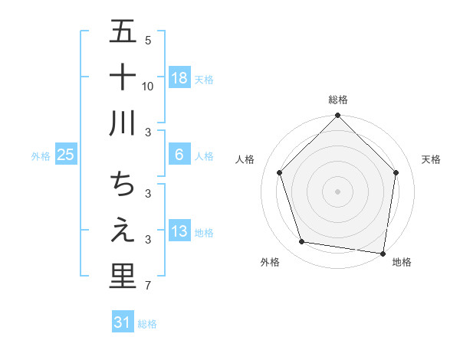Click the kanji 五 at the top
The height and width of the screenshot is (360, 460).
coord(123,33)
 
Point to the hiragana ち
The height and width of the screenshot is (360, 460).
coord(123,185)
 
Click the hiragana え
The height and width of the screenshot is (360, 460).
coord(123,231)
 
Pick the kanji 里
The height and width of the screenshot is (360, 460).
coord(123,276)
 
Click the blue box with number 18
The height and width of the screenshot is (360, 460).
coord(179,77)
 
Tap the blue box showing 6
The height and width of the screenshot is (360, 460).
coord(179,155)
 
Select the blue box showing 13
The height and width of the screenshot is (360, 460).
coord(179,231)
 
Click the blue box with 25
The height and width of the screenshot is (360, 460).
coord(66,155)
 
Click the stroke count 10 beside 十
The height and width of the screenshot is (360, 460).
coord(148,87)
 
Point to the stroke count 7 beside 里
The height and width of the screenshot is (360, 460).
coord(147,286)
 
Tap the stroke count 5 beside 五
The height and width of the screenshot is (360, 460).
coord(147,41)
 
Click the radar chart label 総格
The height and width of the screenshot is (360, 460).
coord(338,100)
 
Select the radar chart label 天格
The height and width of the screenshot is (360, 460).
coord(432,159)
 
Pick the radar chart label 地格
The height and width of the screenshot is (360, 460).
coord(402,262)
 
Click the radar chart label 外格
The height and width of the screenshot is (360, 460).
coord(270,262)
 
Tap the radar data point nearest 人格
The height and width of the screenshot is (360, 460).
coord(280,172)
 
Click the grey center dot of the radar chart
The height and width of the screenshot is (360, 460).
coord(338,191)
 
